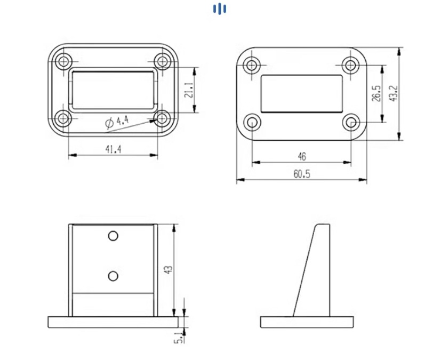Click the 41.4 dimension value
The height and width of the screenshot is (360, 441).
click(114, 149)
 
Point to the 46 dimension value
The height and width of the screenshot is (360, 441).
click(302, 157)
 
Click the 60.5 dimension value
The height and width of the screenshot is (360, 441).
click(302, 174)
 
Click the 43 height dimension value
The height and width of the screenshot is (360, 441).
click(168, 270)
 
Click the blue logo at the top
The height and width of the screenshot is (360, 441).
click(220, 9)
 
